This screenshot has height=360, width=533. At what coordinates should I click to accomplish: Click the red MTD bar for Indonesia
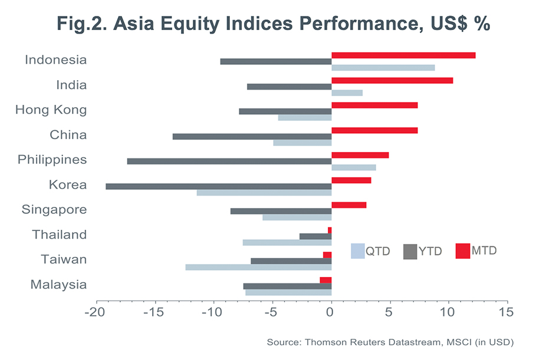tap(403, 55)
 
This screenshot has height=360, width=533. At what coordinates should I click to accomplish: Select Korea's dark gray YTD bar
tap(218, 186)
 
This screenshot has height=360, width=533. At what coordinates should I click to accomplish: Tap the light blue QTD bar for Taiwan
tap(258, 267)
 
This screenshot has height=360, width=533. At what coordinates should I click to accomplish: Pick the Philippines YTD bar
tap(229, 161)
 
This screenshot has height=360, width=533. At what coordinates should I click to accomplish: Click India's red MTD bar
tap(392, 80)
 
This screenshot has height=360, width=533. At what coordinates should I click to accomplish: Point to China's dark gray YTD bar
tap(252, 136)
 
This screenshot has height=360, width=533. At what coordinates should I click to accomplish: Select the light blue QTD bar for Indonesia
tap(383, 67)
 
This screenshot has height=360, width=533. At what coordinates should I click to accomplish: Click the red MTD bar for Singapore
tap(348, 205)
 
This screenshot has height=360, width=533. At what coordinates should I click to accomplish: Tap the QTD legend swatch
tap(357, 251)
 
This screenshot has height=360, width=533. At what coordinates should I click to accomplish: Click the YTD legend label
tap(430, 252)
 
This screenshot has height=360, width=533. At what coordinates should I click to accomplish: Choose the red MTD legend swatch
tap(463, 251)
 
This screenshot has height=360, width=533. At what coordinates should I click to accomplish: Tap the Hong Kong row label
tap(51, 110)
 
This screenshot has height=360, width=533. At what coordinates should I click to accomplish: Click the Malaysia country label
tap(58, 285)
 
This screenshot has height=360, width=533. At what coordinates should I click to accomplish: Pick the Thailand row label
tap(59, 235)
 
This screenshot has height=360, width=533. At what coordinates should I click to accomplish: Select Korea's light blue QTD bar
tap(264, 193)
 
